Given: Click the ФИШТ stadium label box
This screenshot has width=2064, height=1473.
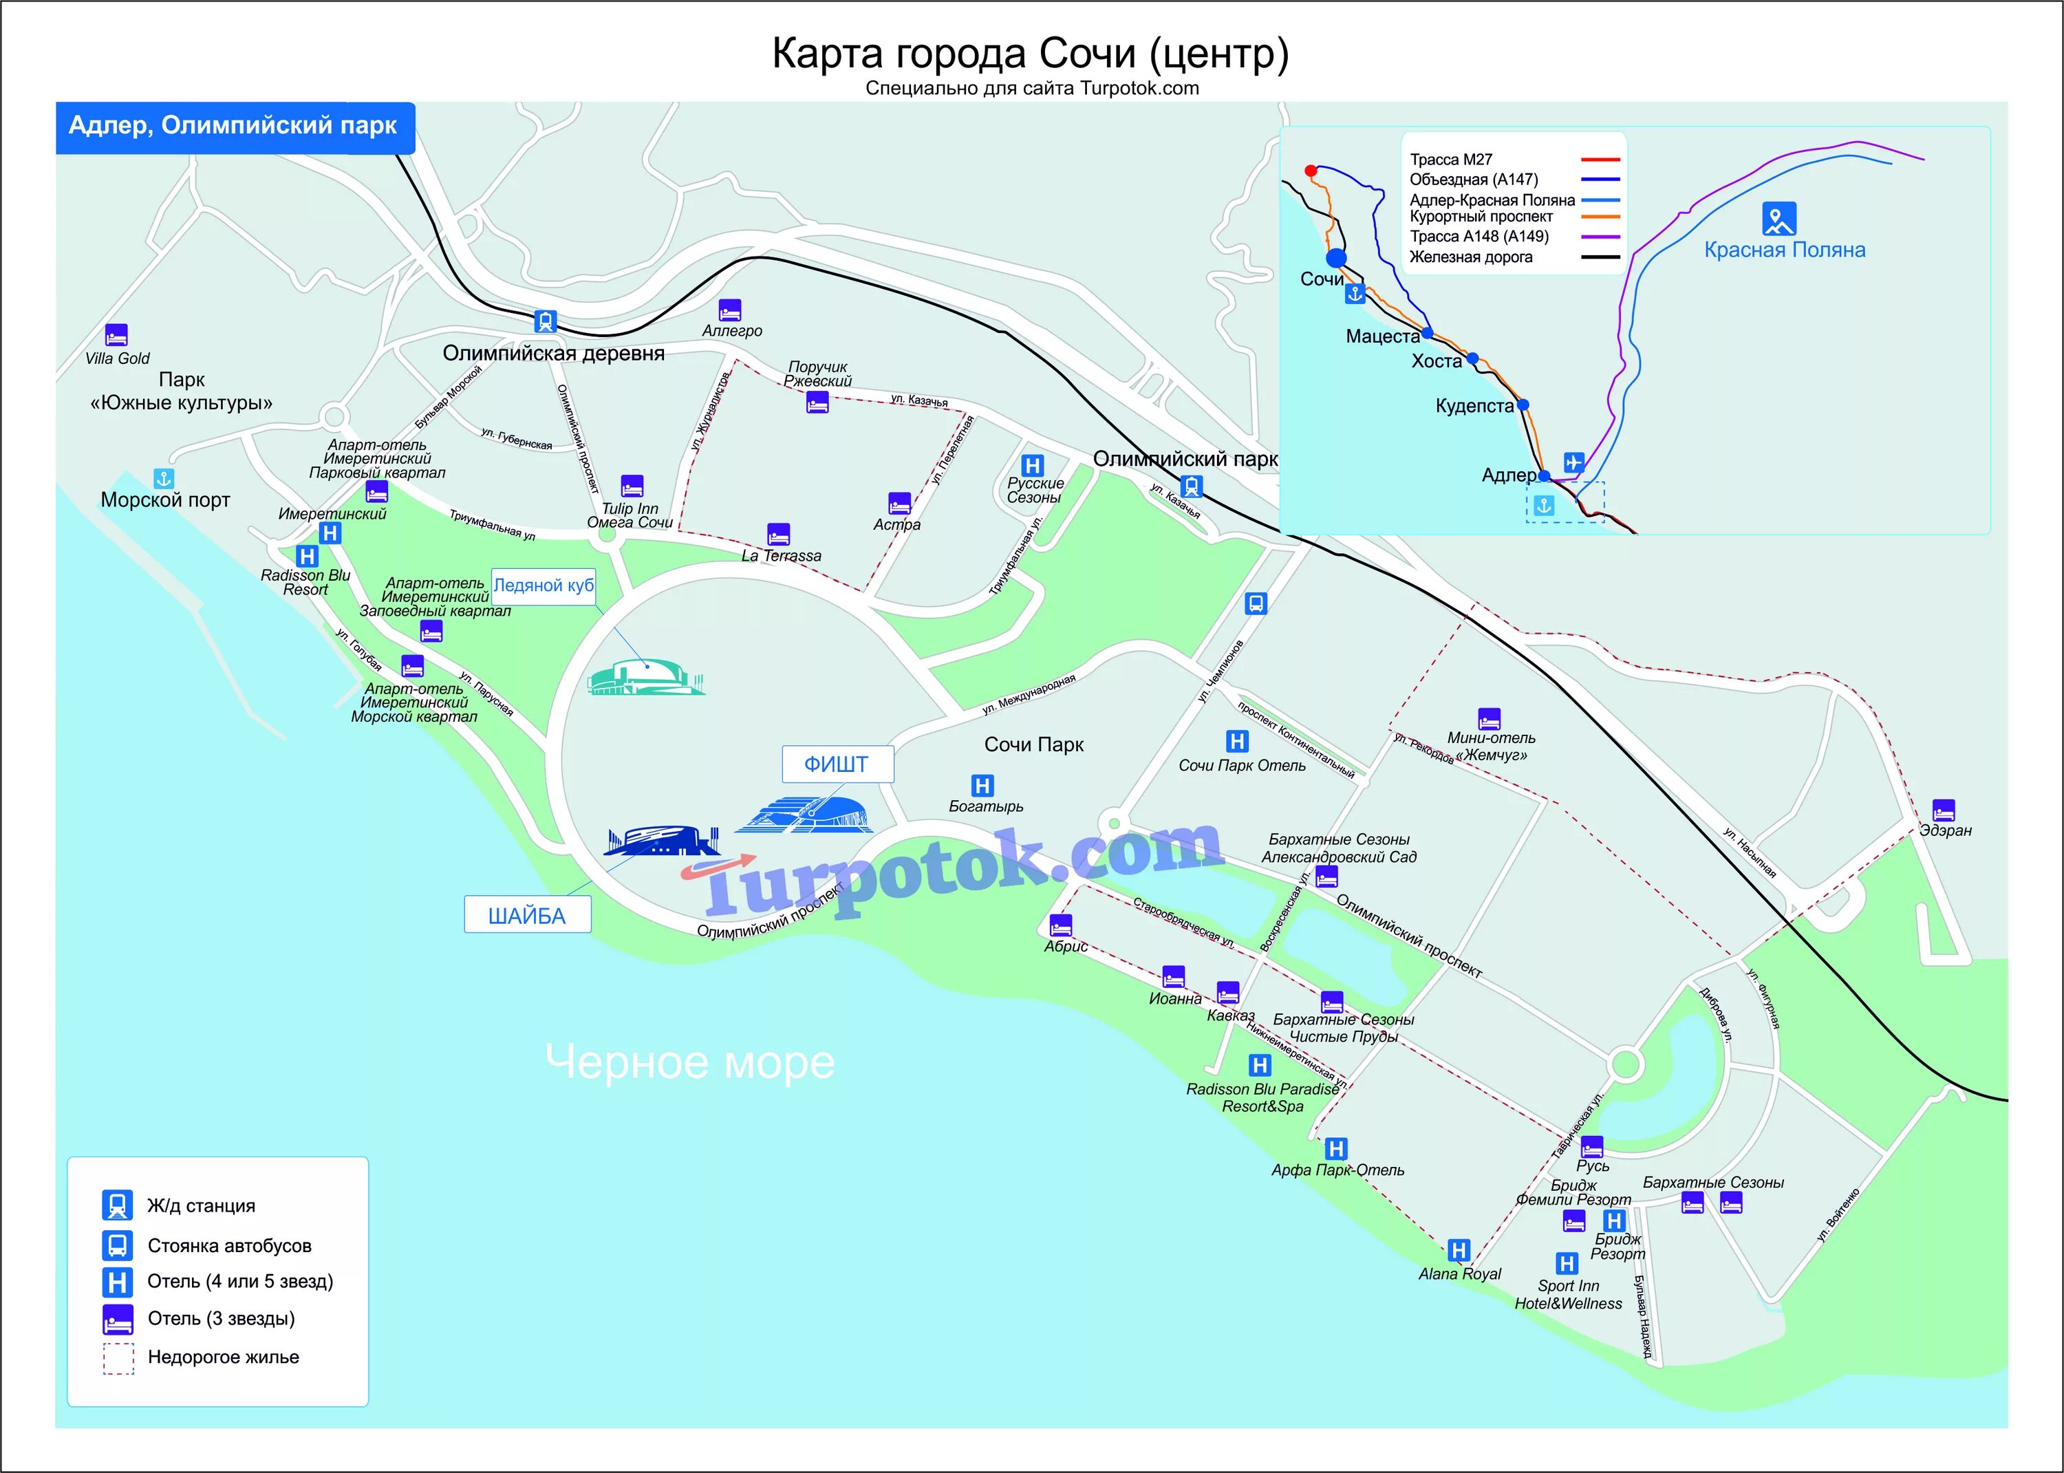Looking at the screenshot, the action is pyautogui.click(x=837, y=764).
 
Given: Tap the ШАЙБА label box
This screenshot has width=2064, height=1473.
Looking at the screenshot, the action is pyautogui.click(x=527, y=915).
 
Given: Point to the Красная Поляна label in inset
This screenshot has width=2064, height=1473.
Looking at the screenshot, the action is pyautogui.click(x=1784, y=250).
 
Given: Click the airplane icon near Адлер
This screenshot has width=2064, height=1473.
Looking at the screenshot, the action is pyautogui.click(x=1573, y=462).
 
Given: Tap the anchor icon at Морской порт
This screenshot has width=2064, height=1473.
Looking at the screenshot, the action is pyautogui.click(x=163, y=478).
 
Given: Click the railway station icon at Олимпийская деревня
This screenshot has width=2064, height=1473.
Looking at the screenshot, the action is pyautogui.click(x=545, y=321).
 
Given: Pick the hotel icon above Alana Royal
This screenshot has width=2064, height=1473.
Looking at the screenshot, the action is pyautogui.click(x=1459, y=1251).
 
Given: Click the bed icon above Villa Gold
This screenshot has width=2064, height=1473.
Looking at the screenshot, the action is pyautogui.click(x=116, y=334).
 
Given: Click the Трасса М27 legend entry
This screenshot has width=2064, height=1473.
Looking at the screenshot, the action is pyautogui.click(x=1451, y=160).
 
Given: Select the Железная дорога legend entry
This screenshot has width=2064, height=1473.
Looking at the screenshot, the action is pyautogui.click(x=1470, y=257).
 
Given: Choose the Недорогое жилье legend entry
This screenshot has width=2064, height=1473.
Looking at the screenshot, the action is pyautogui.click(x=223, y=1357).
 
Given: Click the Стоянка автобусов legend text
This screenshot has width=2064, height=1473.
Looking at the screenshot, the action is pyautogui.click(x=229, y=1245).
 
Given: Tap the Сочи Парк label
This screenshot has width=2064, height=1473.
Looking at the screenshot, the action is pyautogui.click(x=1034, y=744).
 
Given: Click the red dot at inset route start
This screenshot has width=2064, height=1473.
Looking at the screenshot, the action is pyautogui.click(x=1311, y=171).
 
